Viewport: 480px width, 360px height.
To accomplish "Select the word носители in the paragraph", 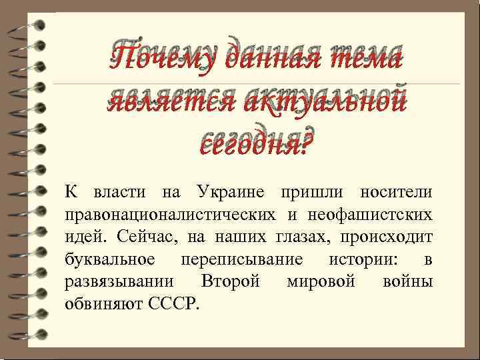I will pos(397,193).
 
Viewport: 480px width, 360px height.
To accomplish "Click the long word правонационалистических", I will pos(170,215).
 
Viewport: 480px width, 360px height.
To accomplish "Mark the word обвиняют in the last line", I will pos(101,303).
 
